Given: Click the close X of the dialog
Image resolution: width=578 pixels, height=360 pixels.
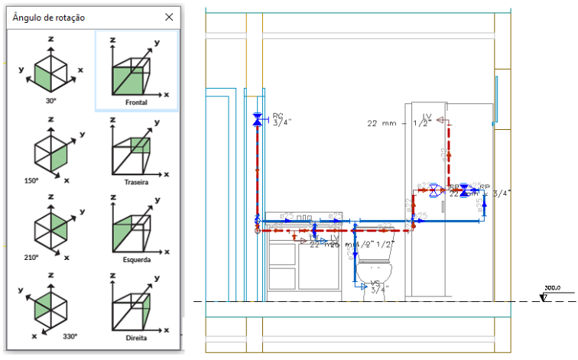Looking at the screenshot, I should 169,17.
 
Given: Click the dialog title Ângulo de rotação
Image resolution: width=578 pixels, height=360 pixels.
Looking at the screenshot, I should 49,17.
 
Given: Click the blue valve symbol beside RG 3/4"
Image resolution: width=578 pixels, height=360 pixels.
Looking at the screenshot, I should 257,119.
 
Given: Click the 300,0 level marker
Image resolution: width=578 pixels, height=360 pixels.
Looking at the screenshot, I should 553,288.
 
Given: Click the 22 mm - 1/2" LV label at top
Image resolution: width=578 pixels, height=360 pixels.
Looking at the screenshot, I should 399,122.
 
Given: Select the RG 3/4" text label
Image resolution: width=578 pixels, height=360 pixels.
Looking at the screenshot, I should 283,119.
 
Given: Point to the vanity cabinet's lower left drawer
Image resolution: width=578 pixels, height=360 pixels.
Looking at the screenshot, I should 282,276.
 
